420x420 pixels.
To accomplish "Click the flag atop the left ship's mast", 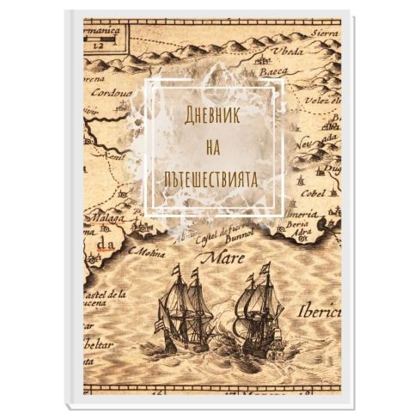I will click(x=177, y=268).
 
